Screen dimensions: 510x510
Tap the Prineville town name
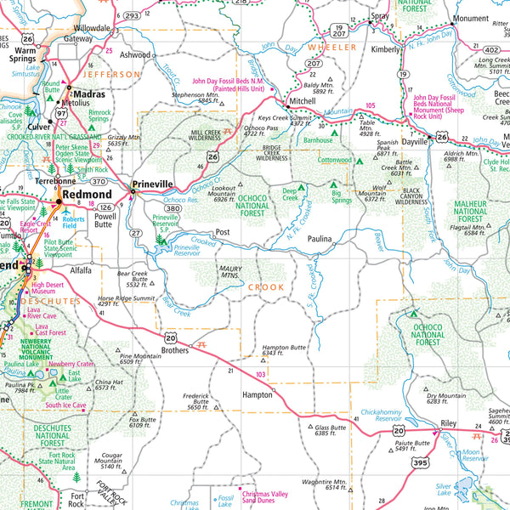pos(152,184)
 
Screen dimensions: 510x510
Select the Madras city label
pos(89,94)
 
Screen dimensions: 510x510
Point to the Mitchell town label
pos(302,101)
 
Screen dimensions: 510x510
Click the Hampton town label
pos(257,394)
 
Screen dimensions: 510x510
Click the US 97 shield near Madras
pos(61,112)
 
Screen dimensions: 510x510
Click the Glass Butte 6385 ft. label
pos(331,430)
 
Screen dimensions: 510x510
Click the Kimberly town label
pos(385,49)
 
